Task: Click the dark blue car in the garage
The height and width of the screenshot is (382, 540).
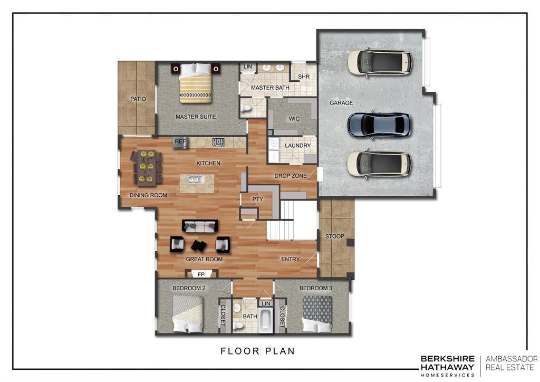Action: point(379,125)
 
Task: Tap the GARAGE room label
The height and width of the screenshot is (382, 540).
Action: point(341,103)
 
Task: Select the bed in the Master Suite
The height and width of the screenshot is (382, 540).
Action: point(195,83)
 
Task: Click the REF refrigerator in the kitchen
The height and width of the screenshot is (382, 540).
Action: point(180,142)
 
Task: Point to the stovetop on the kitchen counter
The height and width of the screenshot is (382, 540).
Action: point(218,142)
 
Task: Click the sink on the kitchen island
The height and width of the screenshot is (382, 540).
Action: point(196,179)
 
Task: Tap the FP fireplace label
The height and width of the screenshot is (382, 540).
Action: point(201,274)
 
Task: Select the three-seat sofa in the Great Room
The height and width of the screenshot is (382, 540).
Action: point(200,226)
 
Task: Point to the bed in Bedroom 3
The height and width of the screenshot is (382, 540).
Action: point(317,314)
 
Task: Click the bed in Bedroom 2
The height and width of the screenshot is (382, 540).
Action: point(188,314)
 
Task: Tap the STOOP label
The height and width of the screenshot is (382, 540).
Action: point(334,236)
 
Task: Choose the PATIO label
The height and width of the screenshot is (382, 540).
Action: point(138,99)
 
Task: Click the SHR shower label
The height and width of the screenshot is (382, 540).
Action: point(303,77)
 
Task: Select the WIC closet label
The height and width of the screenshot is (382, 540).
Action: point(294,119)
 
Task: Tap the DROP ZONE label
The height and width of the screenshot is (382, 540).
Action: point(291,176)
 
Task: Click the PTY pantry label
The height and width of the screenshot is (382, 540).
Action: point(257,199)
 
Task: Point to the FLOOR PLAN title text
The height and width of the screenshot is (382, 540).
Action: point(257,351)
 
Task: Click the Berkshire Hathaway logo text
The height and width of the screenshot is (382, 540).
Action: point(447,366)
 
